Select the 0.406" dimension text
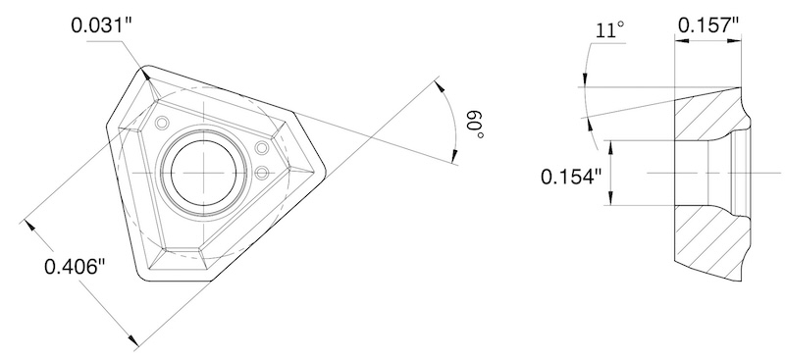pyautogui.click(x=77, y=267)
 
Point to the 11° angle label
pyautogui.click(x=609, y=31)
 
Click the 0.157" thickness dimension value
pyautogui.click(x=707, y=25)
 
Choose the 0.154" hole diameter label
pyautogui.click(x=570, y=177)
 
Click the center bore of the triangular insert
pyautogui.click(x=203, y=172)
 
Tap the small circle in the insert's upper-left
pyautogui.click(x=161, y=123)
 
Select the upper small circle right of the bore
pyautogui.click(x=261, y=148)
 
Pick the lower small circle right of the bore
pyautogui.click(x=261, y=174)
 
